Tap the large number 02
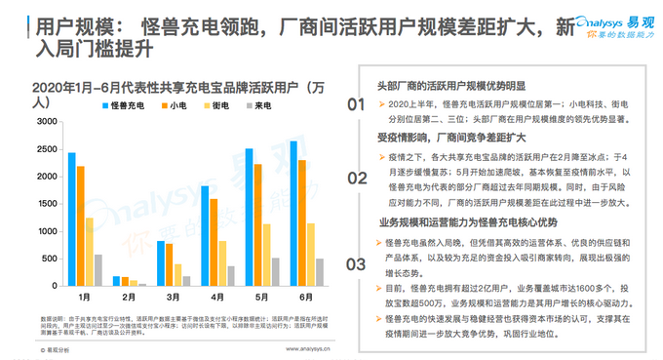tap(356, 182)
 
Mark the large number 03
tap(356, 262)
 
